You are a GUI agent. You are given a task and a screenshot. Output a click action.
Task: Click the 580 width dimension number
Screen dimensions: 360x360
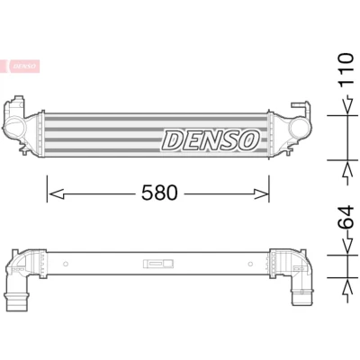coord(159,193)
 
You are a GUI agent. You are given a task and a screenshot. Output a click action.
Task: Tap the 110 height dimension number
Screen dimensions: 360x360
coord(346,70)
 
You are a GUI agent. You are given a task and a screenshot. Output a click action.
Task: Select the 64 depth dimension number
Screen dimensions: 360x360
coord(346,218)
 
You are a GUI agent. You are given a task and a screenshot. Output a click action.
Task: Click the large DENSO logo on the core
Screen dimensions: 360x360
coord(211,140)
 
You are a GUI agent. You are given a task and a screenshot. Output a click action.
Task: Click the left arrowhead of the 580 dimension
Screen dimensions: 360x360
coord(57,194)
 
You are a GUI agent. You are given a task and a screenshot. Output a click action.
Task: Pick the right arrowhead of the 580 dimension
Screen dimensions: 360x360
coord(260,194)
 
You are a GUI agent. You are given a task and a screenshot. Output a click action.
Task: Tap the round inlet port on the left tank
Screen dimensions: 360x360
coord(16,128)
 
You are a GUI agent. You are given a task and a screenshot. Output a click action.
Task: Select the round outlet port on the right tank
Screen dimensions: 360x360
coord(299,128)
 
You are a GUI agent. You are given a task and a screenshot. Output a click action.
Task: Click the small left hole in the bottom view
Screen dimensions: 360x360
coord(66,264)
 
